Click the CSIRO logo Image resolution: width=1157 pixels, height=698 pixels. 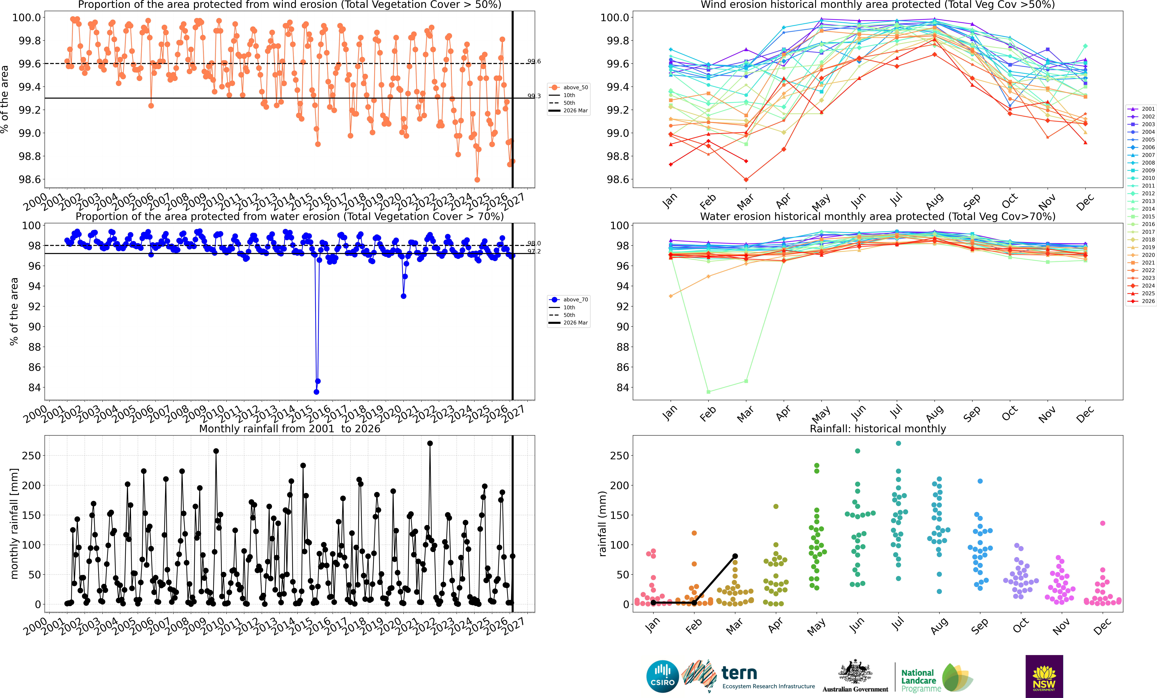coord(663,676)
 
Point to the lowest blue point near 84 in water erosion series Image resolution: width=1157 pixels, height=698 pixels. coord(317,392)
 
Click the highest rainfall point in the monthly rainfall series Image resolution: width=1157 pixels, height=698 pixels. coord(430,443)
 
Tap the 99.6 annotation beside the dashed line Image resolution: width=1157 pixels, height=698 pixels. coord(534,62)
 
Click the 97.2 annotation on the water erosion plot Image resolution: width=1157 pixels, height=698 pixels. coord(534,252)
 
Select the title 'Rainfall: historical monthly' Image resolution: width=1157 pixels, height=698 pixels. coord(878,429)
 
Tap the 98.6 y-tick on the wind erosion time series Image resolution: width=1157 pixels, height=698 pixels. coord(30,179)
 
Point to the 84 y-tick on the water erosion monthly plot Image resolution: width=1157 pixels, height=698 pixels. coord(623,388)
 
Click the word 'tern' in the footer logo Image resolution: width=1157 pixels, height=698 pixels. coord(739,673)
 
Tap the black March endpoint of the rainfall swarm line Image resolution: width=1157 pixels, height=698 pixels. coord(735,556)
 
